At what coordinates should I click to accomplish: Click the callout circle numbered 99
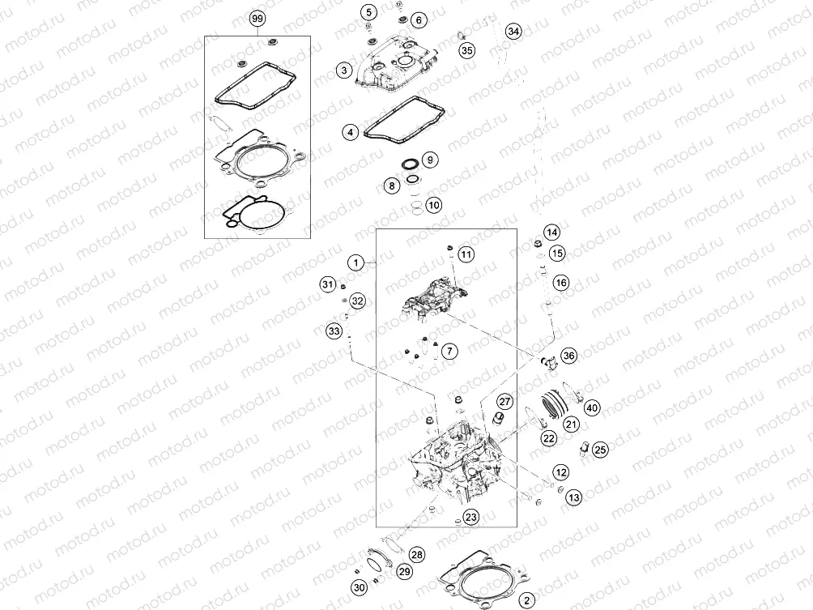(258, 18)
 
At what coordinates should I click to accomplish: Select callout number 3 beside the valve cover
(344, 71)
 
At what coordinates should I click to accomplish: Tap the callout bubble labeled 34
(513, 32)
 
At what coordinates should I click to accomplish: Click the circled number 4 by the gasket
(350, 131)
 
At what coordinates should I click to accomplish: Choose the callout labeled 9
(429, 159)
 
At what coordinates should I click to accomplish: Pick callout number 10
(434, 205)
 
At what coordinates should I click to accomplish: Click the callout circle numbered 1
(354, 262)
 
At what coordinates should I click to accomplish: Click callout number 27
(504, 402)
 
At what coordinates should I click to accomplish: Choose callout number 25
(600, 449)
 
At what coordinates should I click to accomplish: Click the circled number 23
(470, 515)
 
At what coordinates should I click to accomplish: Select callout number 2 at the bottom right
(527, 599)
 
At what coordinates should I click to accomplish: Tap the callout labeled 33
(334, 331)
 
